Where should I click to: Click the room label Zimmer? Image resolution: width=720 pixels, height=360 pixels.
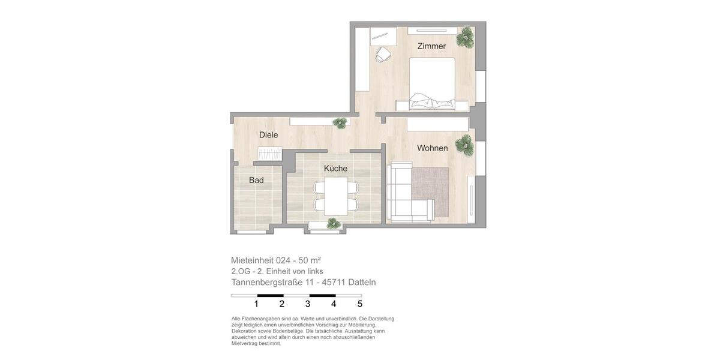[x=431, y=46]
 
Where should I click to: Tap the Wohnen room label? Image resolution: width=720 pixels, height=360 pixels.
[x=432, y=148]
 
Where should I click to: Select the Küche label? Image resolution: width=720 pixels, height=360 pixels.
[x=335, y=169]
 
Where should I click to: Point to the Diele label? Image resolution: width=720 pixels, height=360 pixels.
[x=268, y=135]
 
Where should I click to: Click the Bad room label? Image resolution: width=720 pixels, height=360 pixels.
[x=256, y=180]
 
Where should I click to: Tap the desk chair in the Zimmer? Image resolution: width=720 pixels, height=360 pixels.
[x=383, y=55]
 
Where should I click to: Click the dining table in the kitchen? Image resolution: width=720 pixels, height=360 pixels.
[x=336, y=196]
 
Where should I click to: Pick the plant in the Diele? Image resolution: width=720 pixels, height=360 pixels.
[x=340, y=122]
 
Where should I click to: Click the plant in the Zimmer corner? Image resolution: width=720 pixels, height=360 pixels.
[x=465, y=37]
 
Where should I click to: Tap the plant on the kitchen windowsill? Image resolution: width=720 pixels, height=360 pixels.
[x=333, y=223]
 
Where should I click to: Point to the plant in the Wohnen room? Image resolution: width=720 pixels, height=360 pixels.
[x=464, y=145]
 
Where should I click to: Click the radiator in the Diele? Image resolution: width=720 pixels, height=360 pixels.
[x=269, y=154]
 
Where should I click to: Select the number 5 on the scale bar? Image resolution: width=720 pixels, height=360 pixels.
[x=360, y=304]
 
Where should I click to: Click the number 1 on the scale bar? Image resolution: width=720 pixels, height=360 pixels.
[x=256, y=304]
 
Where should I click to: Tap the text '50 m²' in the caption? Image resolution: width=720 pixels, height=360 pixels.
[x=310, y=260]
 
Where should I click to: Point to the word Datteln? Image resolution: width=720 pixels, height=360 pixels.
[x=362, y=282]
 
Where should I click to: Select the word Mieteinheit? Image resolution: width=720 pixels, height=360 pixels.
[x=252, y=260]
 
